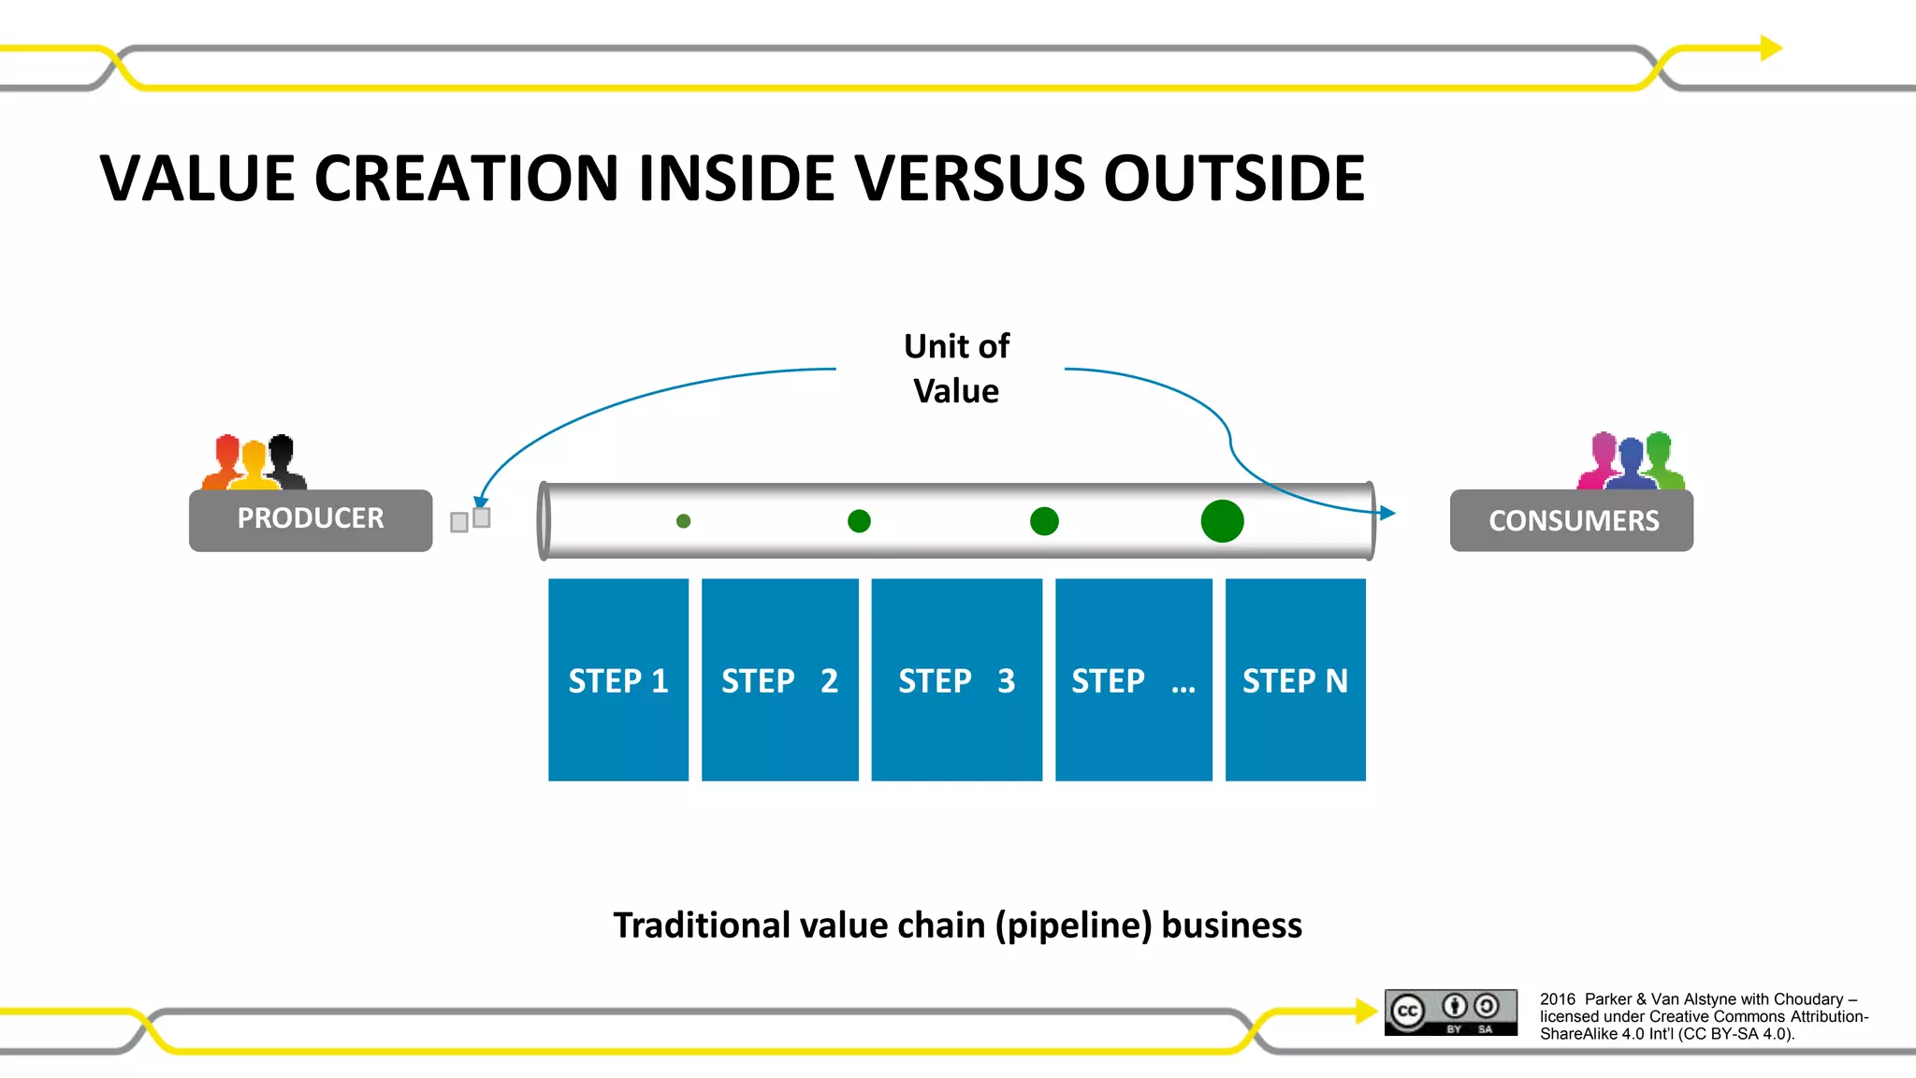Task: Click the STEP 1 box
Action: coord(618,679)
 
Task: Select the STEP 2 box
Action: coord(779,679)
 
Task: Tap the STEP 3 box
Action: coord(956,679)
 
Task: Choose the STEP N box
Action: coord(1295,679)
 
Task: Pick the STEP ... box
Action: coord(1133,679)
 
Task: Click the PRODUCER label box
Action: coord(311,520)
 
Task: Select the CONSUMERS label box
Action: coord(1572,520)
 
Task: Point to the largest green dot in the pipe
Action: coord(1222,521)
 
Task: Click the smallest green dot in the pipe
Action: coord(683,521)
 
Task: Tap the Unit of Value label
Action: coord(956,369)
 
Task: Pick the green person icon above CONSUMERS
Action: coord(1661,459)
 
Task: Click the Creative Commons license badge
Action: coord(1451,1012)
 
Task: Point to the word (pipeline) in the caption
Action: coord(1073,925)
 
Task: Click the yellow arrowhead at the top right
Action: coord(1770,48)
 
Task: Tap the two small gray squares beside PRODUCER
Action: coord(471,519)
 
